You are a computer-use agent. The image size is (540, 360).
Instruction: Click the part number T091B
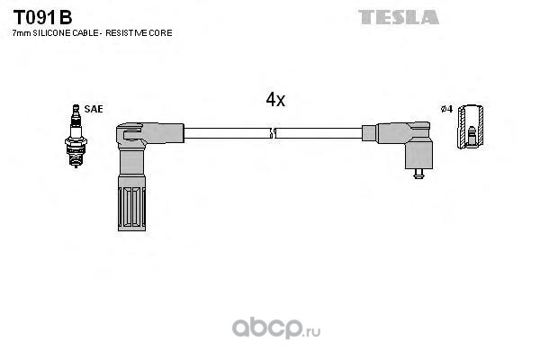(x=42, y=17)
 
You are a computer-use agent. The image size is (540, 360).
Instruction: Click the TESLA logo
(x=399, y=17)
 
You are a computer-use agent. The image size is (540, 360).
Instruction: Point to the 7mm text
(x=22, y=33)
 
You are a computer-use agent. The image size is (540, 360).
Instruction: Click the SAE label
(x=94, y=109)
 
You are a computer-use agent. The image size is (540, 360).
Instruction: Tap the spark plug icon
(x=76, y=136)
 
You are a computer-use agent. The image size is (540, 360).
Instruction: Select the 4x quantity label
(x=275, y=100)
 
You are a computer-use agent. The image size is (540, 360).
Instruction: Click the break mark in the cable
(x=273, y=133)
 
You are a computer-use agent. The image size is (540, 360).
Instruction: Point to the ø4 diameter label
(x=446, y=109)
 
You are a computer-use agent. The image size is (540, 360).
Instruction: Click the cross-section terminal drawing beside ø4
(x=471, y=126)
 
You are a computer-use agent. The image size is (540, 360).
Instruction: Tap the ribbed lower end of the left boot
(x=131, y=203)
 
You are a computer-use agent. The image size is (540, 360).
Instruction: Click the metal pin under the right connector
(x=418, y=174)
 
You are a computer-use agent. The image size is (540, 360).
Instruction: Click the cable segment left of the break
(x=227, y=133)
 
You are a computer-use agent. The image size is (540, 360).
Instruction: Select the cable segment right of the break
(x=319, y=133)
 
